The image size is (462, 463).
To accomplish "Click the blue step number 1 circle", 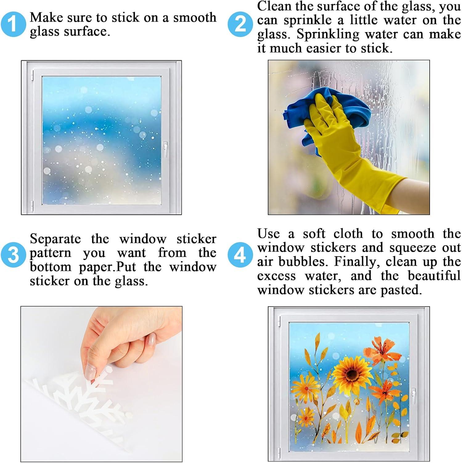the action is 13,24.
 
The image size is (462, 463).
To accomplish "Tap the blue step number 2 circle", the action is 240,24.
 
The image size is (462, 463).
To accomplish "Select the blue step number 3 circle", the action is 13,255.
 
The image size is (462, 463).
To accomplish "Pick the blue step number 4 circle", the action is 240,255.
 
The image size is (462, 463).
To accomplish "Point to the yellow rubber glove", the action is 348,148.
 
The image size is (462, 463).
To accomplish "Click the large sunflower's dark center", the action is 351,374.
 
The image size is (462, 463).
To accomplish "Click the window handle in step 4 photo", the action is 413,396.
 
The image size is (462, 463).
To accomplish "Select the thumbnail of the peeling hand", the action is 101,384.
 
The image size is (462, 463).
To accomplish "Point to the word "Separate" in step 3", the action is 55,239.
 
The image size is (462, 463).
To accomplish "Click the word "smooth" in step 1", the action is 195,18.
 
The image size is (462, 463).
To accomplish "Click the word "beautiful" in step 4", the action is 434,276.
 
